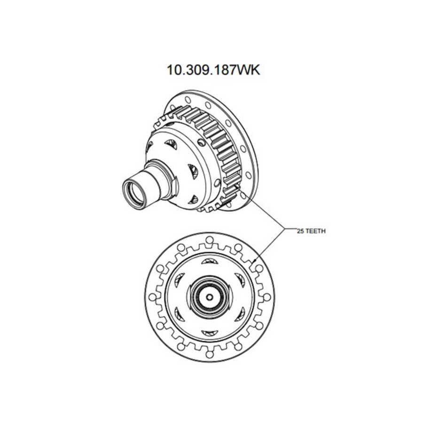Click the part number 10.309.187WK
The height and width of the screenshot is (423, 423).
click(x=213, y=69)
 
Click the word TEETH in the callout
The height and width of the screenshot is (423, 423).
click(x=315, y=231)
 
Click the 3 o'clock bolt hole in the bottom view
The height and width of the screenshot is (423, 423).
click(x=267, y=297)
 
